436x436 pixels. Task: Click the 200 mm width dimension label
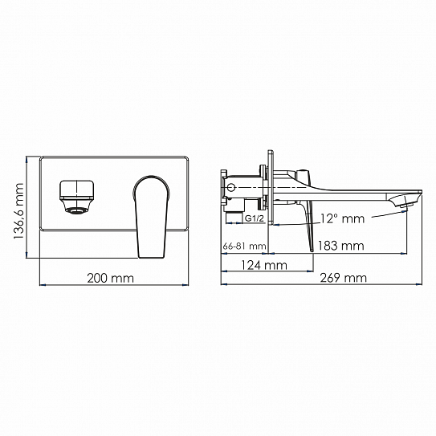point(110,278)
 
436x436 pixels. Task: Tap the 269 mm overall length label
point(343,278)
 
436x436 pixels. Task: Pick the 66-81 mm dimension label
point(242,247)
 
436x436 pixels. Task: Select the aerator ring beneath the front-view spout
point(75,211)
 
